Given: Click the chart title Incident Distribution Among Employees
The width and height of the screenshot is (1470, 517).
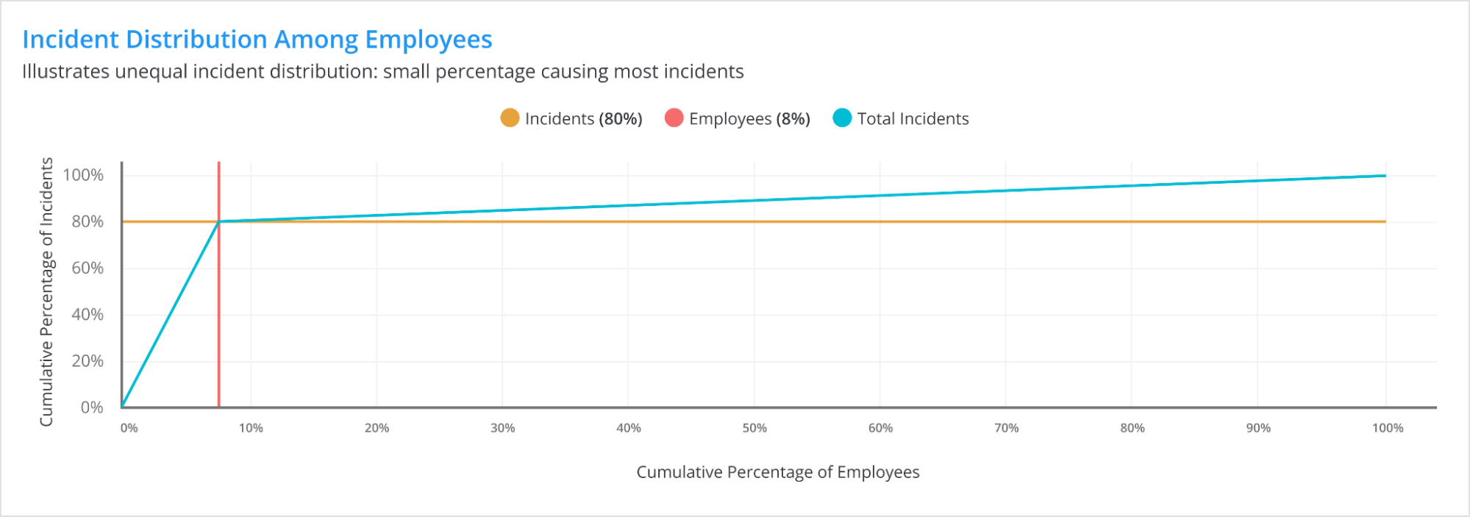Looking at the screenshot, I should [x=257, y=39].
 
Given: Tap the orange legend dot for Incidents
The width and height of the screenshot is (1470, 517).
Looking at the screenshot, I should [x=510, y=118].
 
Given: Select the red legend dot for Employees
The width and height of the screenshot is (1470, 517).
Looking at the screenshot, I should [x=674, y=118].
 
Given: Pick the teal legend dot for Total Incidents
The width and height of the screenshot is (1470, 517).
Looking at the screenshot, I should [x=842, y=118].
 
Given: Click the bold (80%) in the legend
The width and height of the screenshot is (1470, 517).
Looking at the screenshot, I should [x=620, y=118].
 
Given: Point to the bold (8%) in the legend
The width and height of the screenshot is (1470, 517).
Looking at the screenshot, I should [x=793, y=118].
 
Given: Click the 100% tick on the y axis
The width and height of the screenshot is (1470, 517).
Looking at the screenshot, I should [x=83, y=175].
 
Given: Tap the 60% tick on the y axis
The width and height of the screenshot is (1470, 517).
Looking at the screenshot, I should [x=87, y=268].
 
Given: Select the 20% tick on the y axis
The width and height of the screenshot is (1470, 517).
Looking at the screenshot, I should [x=87, y=361].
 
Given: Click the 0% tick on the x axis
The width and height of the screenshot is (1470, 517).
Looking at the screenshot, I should [x=129, y=428].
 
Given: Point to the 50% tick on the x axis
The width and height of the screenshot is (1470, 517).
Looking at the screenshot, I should [x=754, y=428].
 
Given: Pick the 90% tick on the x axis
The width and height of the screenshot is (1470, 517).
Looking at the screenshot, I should [x=1258, y=428].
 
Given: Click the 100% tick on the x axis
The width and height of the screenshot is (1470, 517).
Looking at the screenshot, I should [x=1388, y=428].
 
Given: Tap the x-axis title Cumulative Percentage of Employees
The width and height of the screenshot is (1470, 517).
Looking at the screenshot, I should [x=777, y=472].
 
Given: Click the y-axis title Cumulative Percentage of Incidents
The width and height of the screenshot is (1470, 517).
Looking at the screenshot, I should [x=46, y=291].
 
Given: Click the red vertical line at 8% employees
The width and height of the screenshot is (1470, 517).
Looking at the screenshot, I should [x=219, y=316].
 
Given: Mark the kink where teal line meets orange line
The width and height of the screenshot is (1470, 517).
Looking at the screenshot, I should [x=219, y=221].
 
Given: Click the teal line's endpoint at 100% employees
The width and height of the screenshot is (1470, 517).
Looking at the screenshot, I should [x=1385, y=176].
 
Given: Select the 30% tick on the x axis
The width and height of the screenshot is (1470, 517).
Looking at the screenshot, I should [x=503, y=428].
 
